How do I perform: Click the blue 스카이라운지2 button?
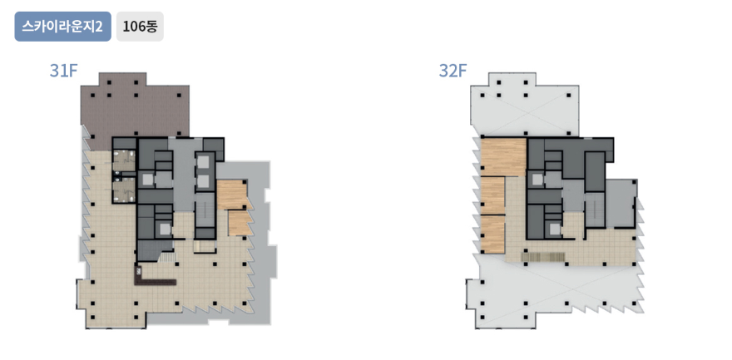click(63, 27)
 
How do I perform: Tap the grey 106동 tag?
click(140, 27)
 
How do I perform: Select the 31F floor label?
click(63, 71)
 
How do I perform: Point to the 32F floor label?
click(453, 71)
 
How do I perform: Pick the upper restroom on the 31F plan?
click(124, 160)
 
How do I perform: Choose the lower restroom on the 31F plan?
click(124, 191)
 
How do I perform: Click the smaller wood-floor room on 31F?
click(240, 224)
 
